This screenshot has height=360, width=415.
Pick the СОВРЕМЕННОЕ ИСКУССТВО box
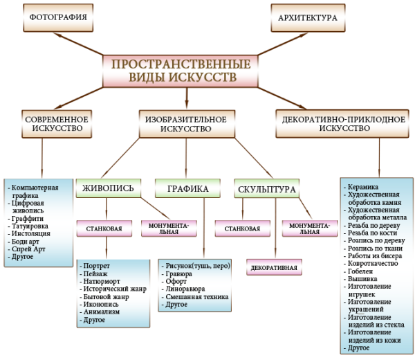(56, 123)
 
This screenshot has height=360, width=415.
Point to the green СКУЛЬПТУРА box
(267, 188)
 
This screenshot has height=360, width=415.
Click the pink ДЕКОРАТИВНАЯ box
(274, 267)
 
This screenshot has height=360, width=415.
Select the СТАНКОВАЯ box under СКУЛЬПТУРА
(241, 228)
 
